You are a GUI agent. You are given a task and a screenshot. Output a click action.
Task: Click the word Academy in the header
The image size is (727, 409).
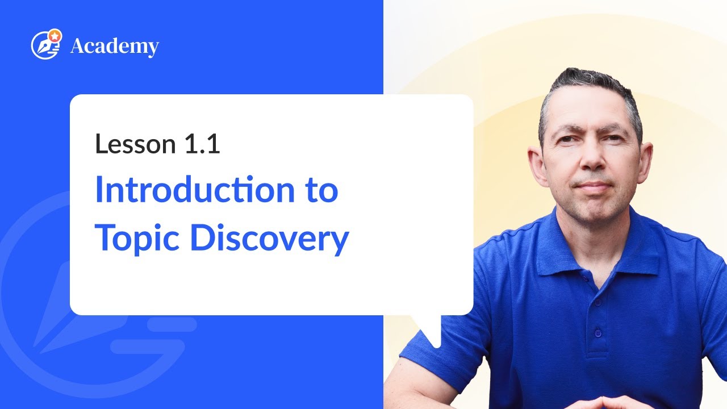pos(114,47)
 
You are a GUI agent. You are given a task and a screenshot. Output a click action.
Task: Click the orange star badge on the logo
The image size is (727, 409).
pos(55,35)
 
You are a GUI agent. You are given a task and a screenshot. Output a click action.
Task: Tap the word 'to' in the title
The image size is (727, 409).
pos(319,191)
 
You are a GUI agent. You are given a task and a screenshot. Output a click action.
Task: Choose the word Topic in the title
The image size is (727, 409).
pos(137,239)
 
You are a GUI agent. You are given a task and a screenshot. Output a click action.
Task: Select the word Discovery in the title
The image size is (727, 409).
pos(269,239)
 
